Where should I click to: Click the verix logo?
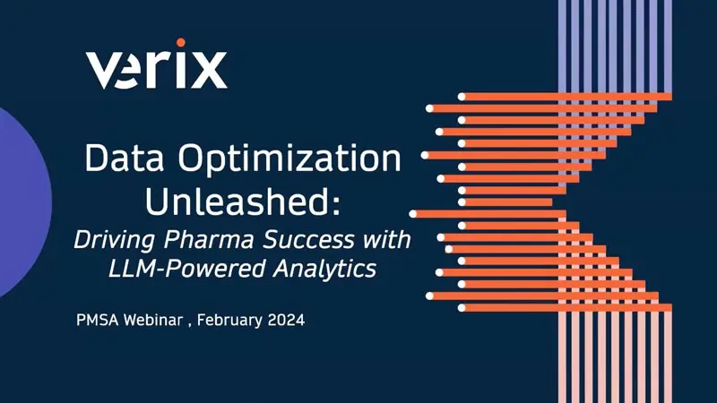click(156, 67)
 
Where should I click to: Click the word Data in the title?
click(120, 159)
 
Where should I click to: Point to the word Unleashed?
click(238, 201)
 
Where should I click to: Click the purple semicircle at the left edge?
click(20, 201)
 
